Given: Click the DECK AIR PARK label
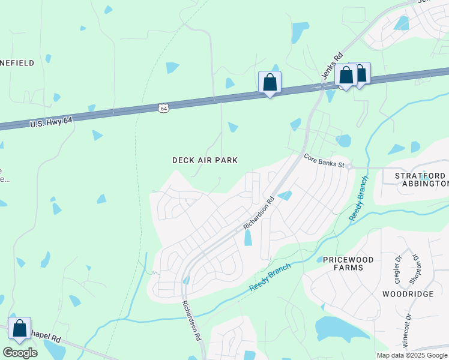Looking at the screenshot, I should click(205, 160).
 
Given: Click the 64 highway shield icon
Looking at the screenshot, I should click(164, 108).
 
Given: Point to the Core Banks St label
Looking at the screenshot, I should click(324, 160).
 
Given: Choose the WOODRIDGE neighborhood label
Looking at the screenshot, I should click(408, 294).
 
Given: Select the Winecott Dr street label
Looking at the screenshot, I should click(408, 331).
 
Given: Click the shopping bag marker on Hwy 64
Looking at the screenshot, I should click(270, 82).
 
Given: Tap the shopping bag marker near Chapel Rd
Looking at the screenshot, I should click(19, 328).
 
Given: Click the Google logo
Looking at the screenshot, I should click(20, 352).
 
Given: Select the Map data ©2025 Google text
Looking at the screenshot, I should click(411, 355).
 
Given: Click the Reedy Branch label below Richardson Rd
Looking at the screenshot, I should click(270, 276).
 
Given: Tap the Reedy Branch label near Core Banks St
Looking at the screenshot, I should click(358, 198).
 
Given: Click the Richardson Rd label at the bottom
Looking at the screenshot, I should click(191, 321).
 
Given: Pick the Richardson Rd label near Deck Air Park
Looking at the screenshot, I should click(259, 212).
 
